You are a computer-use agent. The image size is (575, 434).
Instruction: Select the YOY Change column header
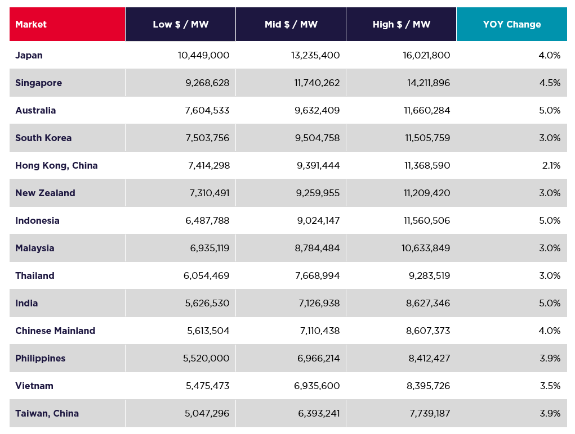[511, 25]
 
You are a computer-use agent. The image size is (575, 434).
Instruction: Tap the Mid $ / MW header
[291, 25]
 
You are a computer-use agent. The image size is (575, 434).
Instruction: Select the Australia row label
[35, 111]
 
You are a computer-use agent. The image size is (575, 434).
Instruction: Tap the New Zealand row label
[45, 193]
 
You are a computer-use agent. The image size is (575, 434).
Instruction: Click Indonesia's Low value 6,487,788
[207, 221]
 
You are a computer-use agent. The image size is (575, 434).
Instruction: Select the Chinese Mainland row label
[55, 331]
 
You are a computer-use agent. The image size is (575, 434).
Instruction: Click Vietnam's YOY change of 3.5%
[550, 386]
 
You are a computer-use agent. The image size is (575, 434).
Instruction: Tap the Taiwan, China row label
[47, 414]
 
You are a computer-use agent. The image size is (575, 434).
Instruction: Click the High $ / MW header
[401, 25]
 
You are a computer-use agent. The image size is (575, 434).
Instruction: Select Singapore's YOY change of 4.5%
[550, 83]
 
